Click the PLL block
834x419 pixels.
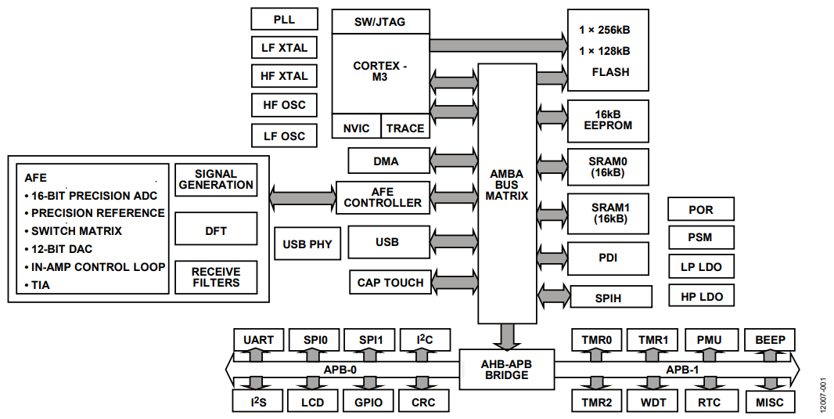click(x=284, y=19)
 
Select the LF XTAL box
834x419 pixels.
click(x=284, y=48)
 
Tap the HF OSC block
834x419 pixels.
click(x=284, y=105)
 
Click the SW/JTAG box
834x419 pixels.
click(x=380, y=22)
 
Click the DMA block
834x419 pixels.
click(x=389, y=161)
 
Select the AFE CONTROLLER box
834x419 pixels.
click(x=383, y=197)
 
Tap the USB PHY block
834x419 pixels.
click(x=307, y=244)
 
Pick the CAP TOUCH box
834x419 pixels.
click(x=390, y=282)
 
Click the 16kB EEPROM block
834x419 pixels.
click(x=608, y=121)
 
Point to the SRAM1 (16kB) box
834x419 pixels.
click(x=608, y=214)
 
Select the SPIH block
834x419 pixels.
click(x=610, y=297)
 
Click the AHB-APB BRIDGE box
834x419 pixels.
click(x=506, y=370)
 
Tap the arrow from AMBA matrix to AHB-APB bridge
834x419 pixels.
click(x=507, y=337)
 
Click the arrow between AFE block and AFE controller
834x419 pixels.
click(x=303, y=197)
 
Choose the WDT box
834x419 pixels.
click(x=652, y=402)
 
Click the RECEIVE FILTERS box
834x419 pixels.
click(x=216, y=277)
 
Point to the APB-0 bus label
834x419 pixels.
click(x=340, y=370)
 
